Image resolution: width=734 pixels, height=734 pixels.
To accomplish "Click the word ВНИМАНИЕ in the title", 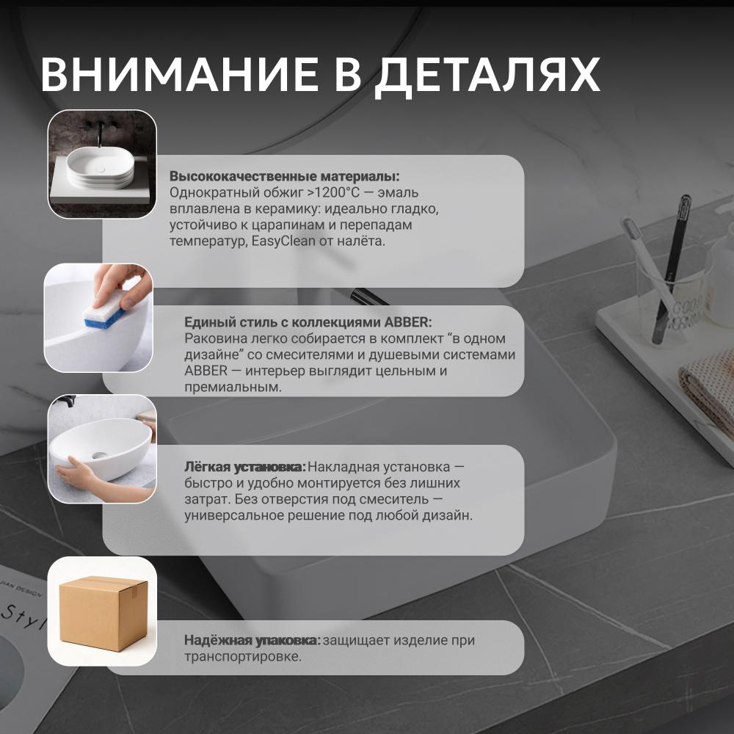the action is tap(180, 74).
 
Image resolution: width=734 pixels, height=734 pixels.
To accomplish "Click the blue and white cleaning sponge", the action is tap(105, 308).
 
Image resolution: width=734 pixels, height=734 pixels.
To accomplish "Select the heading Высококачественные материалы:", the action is tap(285, 176).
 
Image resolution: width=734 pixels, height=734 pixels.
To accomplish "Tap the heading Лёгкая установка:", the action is tap(245, 467).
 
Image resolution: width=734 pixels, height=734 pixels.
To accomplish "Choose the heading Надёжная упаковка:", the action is tap(252, 640).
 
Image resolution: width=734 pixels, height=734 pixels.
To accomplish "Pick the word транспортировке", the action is tap(243, 656).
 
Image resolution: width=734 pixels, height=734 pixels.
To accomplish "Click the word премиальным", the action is tap(233, 388).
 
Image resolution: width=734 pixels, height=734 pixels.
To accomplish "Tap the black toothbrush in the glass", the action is tap(672, 268).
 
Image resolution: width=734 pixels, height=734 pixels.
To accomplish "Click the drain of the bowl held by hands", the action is tap(99, 455).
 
